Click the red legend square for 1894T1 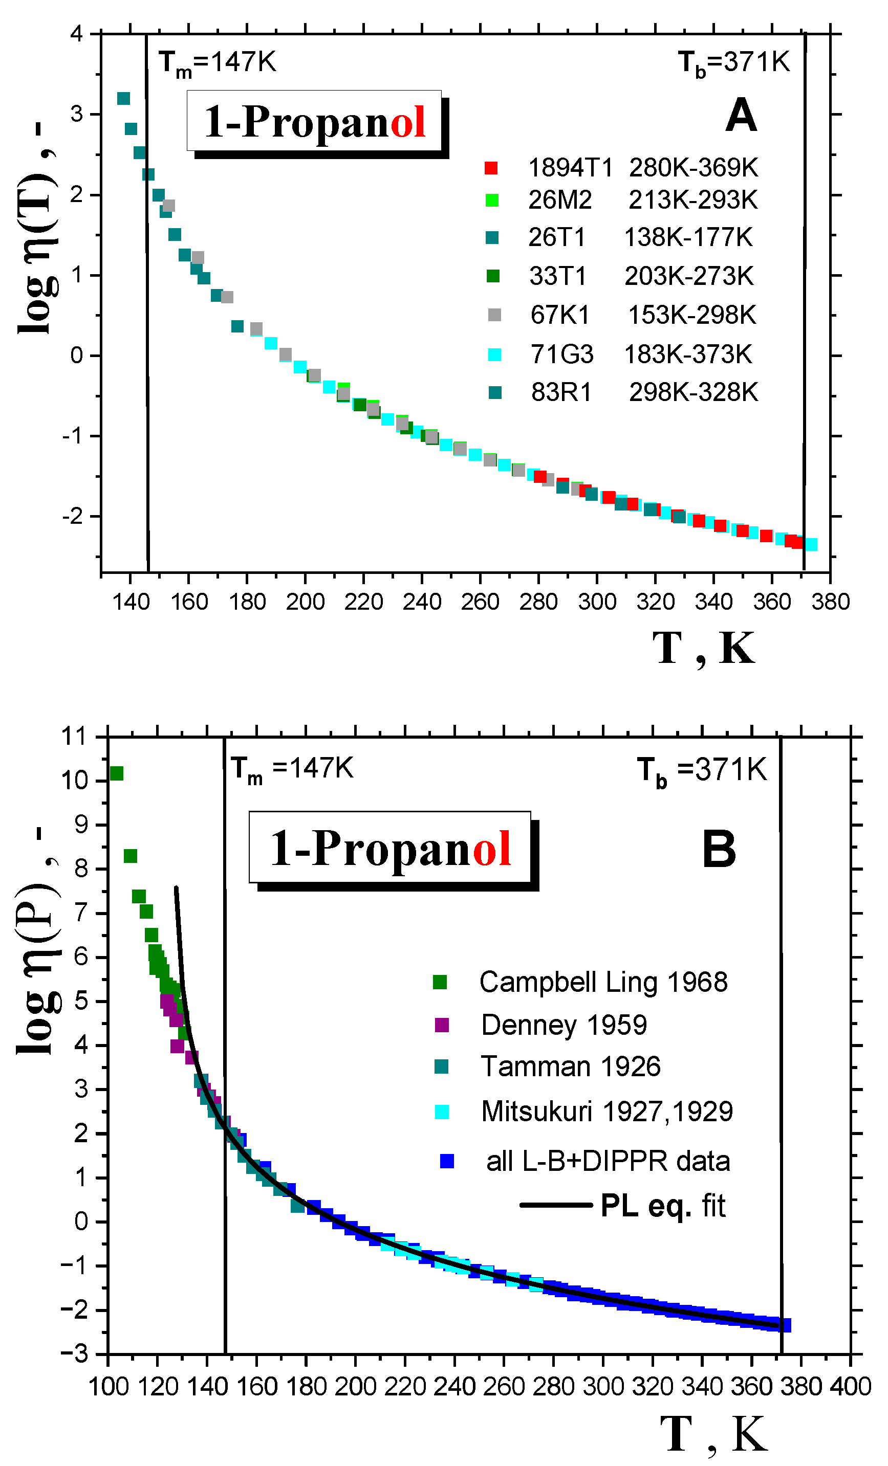tap(490, 168)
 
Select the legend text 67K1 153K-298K tap(643, 315)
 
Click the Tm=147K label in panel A tap(217, 62)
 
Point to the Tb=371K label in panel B tap(702, 770)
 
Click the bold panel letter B tap(719, 850)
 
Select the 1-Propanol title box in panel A tap(314, 121)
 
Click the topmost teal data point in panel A tap(123, 98)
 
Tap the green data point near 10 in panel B tap(117, 773)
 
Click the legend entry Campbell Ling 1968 tap(603, 982)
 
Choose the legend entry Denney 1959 tap(563, 1025)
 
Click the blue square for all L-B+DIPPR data tap(447, 1161)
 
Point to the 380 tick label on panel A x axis tap(830, 602)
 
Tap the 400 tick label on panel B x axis tap(851, 1387)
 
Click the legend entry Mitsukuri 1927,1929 tap(607, 1112)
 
